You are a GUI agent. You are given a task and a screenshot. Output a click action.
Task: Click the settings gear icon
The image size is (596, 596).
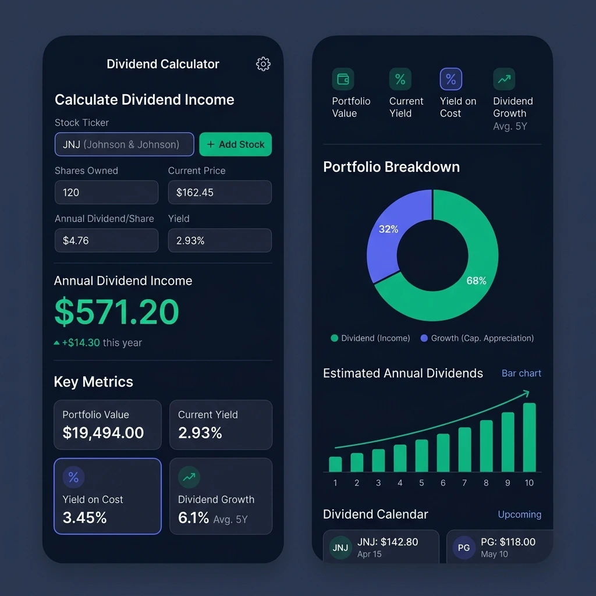(x=263, y=64)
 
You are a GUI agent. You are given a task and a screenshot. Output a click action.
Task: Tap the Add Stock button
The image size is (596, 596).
(x=235, y=144)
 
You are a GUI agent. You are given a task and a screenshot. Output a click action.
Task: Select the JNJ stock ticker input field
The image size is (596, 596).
(x=124, y=144)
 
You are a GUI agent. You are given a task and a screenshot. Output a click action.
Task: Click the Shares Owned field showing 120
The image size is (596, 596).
(x=107, y=192)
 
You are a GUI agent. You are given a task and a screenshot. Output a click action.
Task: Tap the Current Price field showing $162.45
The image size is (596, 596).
(x=219, y=192)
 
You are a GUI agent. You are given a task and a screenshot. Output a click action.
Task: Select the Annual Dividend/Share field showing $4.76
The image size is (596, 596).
(x=107, y=240)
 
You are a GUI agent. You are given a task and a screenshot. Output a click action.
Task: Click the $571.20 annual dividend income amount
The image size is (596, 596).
(x=116, y=312)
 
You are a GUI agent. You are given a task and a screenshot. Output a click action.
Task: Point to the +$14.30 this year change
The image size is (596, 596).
(x=98, y=343)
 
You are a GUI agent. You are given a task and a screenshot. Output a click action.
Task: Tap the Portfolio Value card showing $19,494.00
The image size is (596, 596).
(x=107, y=424)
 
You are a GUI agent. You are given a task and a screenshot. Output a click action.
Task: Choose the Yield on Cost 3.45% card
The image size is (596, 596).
(x=107, y=496)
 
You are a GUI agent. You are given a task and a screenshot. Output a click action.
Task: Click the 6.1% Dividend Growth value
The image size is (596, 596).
(x=193, y=517)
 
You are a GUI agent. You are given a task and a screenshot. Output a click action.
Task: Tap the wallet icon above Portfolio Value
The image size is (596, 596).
(x=343, y=79)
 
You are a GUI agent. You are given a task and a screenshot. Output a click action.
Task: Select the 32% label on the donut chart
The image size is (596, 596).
(x=388, y=229)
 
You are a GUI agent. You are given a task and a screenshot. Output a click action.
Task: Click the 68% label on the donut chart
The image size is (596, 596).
(x=476, y=281)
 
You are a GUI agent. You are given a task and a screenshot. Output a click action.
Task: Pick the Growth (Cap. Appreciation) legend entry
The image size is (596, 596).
(x=477, y=338)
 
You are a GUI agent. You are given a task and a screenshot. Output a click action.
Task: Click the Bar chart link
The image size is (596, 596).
(x=521, y=373)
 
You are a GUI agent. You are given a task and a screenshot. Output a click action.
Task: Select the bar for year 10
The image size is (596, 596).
(x=529, y=437)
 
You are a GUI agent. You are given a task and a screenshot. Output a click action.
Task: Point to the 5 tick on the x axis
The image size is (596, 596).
(x=421, y=483)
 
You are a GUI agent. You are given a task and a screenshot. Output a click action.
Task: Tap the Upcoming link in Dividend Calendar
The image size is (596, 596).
(x=519, y=515)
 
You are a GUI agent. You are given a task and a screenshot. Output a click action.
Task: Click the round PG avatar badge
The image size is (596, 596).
(x=464, y=548)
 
